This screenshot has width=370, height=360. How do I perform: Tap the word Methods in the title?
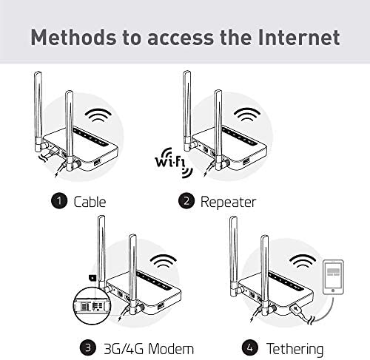73,37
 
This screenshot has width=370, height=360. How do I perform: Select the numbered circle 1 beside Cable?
59,201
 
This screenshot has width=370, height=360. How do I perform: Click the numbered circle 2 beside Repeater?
186,201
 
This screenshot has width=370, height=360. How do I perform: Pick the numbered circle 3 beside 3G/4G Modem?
88,348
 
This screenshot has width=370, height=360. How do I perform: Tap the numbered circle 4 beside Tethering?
250,348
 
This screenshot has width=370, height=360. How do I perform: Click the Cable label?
90,202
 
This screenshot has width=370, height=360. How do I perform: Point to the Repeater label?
228,203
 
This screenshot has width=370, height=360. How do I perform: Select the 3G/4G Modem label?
149,349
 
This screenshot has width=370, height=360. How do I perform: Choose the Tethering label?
295,349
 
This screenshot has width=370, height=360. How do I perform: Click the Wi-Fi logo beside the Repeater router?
174,163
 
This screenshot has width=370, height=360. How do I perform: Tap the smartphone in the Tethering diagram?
333,277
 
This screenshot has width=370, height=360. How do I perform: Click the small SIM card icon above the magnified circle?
92,278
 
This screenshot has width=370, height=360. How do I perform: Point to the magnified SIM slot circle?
92,306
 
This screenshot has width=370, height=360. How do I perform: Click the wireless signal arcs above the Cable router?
98,115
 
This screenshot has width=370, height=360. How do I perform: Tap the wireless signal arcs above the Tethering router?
303,261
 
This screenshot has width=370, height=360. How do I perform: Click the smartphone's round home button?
333,291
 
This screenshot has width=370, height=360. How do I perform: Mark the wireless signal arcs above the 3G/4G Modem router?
164,261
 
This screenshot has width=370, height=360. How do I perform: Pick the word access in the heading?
181,38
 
